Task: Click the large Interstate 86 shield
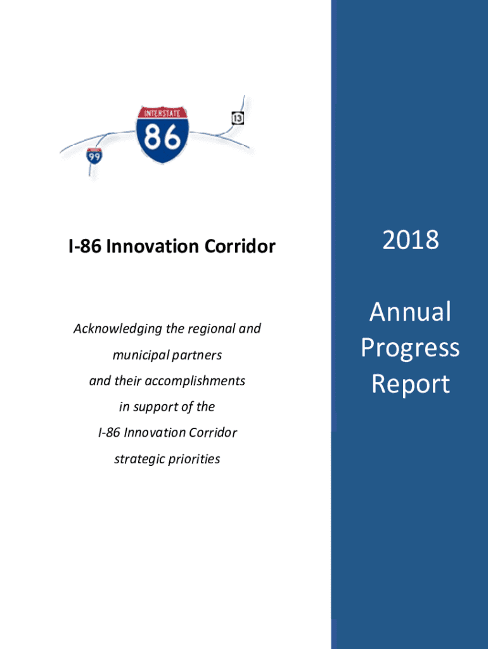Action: (x=162, y=135)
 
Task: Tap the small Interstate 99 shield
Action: (x=94, y=156)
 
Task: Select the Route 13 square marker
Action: (x=238, y=118)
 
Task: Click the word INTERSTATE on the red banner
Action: (x=162, y=113)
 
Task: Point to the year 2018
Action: (x=410, y=240)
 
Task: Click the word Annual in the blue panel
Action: (x=410, y=312)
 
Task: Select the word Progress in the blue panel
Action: (x=410, y=349)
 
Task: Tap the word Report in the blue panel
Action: (x=410, y=385)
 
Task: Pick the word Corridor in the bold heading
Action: (x=240, y=247)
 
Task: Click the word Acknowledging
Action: (x=117, y=329)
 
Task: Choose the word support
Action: (x=156, y=408)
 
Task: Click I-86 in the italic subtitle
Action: (x=109, y=433)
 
